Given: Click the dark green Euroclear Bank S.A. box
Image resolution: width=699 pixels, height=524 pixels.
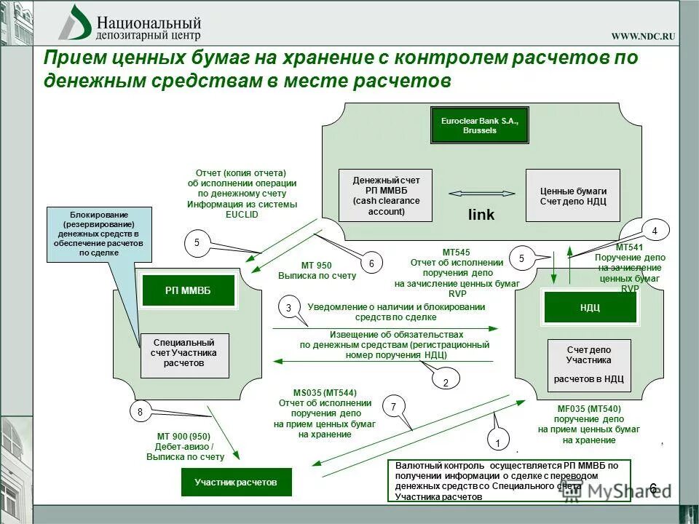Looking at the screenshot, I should (479, 125).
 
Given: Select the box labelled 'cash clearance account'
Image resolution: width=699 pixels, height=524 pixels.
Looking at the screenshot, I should (385, 195).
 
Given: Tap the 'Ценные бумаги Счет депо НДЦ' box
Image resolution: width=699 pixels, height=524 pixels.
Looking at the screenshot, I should (572, 195).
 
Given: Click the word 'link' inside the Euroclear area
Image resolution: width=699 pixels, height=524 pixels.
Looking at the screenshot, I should (481, 215).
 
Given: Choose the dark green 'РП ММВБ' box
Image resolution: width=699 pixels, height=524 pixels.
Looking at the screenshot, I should (189, 290).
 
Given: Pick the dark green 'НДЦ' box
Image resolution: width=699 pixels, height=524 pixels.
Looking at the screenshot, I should (590, 307).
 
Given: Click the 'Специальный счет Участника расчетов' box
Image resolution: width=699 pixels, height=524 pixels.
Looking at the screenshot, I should (185, 355).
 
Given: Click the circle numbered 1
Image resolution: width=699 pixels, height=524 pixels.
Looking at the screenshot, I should (499, 442).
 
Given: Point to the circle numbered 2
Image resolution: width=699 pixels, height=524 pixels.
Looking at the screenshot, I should (446, 381).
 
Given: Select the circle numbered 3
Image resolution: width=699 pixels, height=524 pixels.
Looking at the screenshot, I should (288, 309).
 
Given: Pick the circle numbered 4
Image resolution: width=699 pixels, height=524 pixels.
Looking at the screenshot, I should (654, 231).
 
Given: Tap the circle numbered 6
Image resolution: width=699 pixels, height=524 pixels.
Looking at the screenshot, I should (371, 263).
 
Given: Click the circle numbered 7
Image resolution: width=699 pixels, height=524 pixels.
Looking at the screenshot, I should (393, 407).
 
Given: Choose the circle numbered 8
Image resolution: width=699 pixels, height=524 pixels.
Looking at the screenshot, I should (140, 413).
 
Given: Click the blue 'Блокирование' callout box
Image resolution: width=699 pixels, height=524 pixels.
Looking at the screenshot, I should (99, 234).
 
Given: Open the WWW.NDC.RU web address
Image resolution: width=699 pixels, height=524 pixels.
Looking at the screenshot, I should (643, 36).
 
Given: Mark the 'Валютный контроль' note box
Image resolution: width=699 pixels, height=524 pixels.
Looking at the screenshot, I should (509, 480).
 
